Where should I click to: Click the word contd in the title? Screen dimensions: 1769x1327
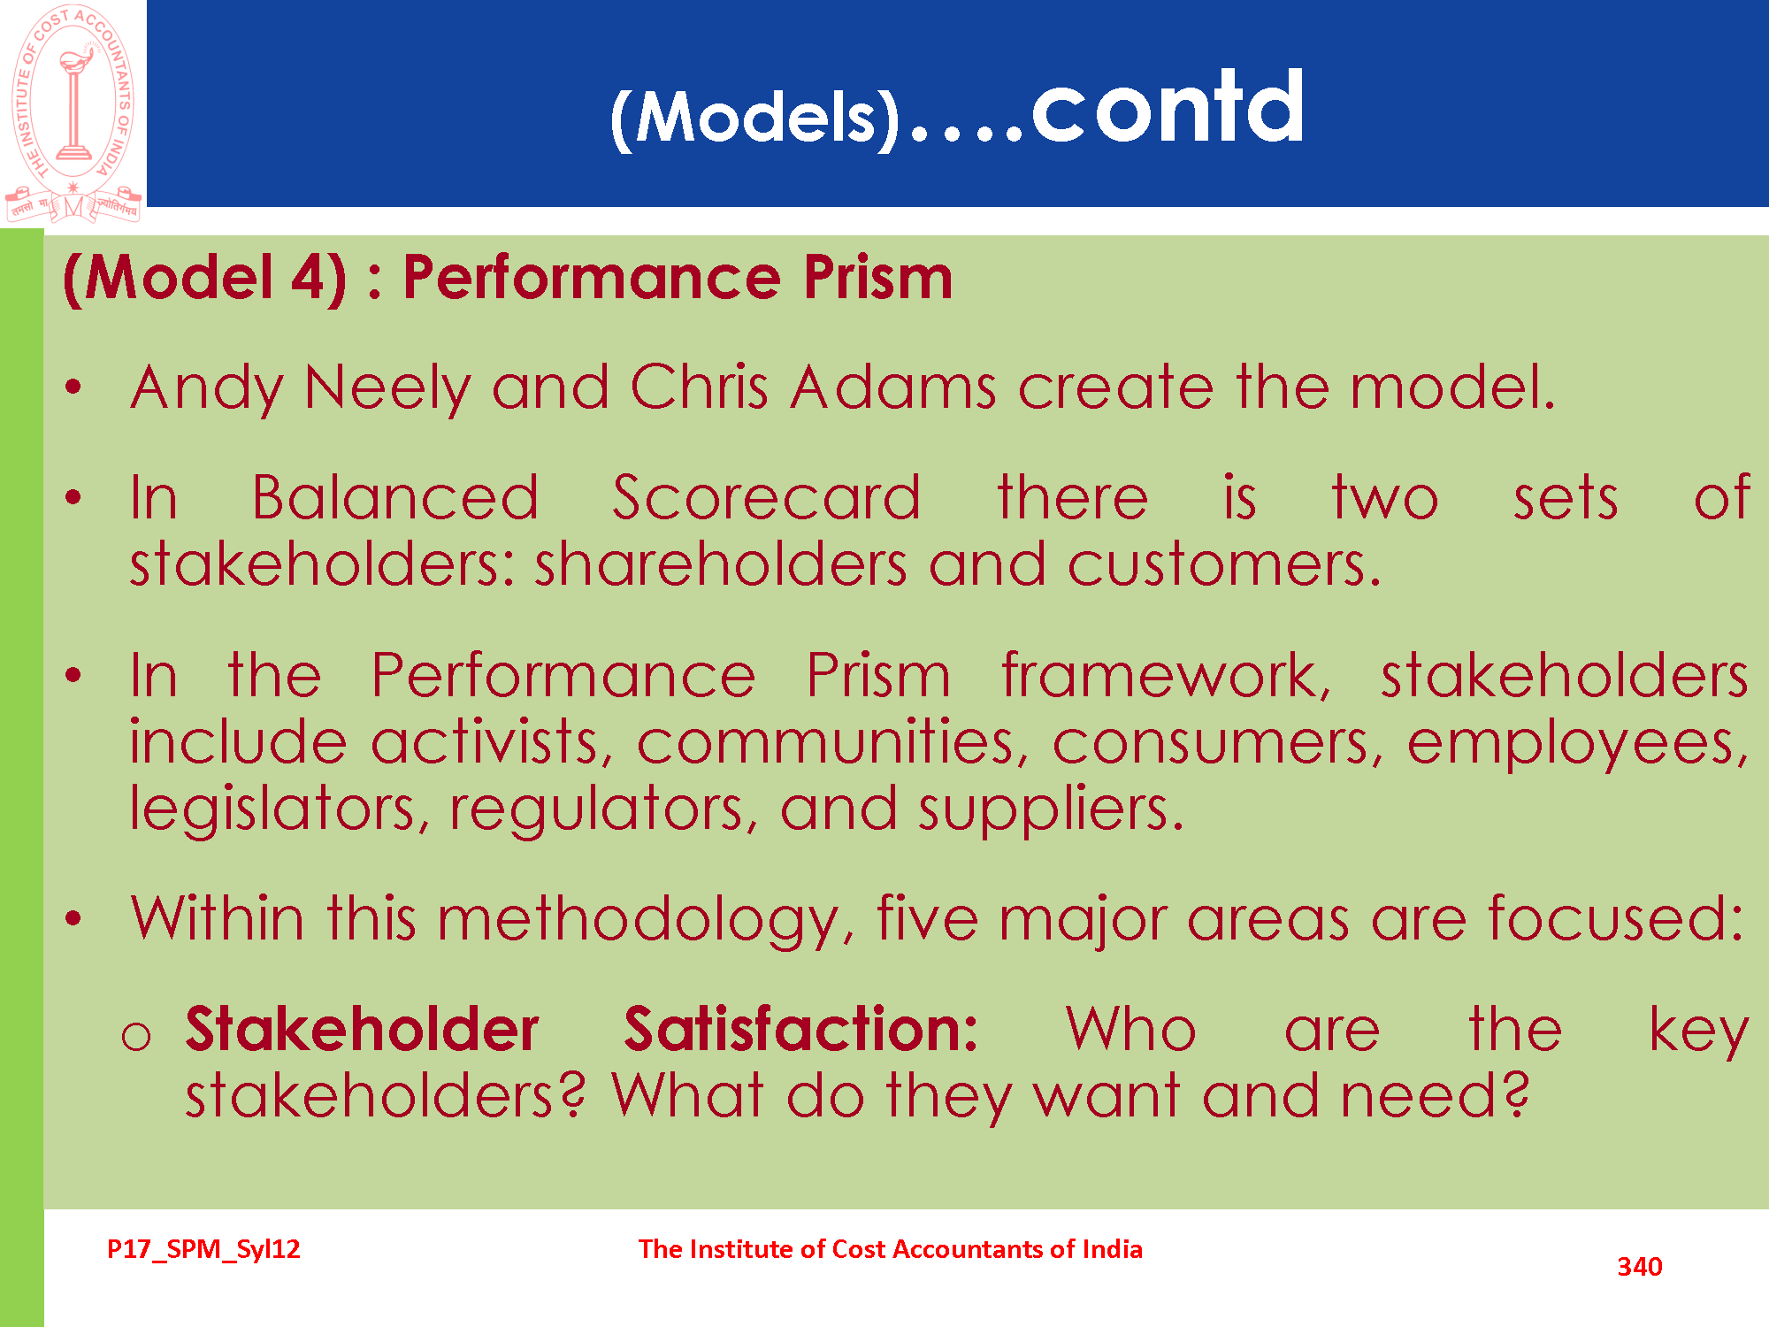tap(1168, 107)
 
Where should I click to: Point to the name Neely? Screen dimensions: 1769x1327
tap(387, 389)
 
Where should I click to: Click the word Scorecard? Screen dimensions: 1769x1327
tap(766, 497)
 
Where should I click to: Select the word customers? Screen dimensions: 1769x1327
tap(1223, 565)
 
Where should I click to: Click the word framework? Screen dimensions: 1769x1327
tap(1166, 675)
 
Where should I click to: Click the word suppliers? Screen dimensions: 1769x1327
tap(1050, 809)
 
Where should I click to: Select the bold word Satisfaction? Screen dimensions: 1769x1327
tap(801, 1029)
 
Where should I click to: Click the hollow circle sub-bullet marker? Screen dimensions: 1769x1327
tap(136, 1036)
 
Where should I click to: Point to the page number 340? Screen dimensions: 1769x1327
tap(1639, 1267)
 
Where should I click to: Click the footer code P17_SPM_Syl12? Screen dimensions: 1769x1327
tap(203, 1249)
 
